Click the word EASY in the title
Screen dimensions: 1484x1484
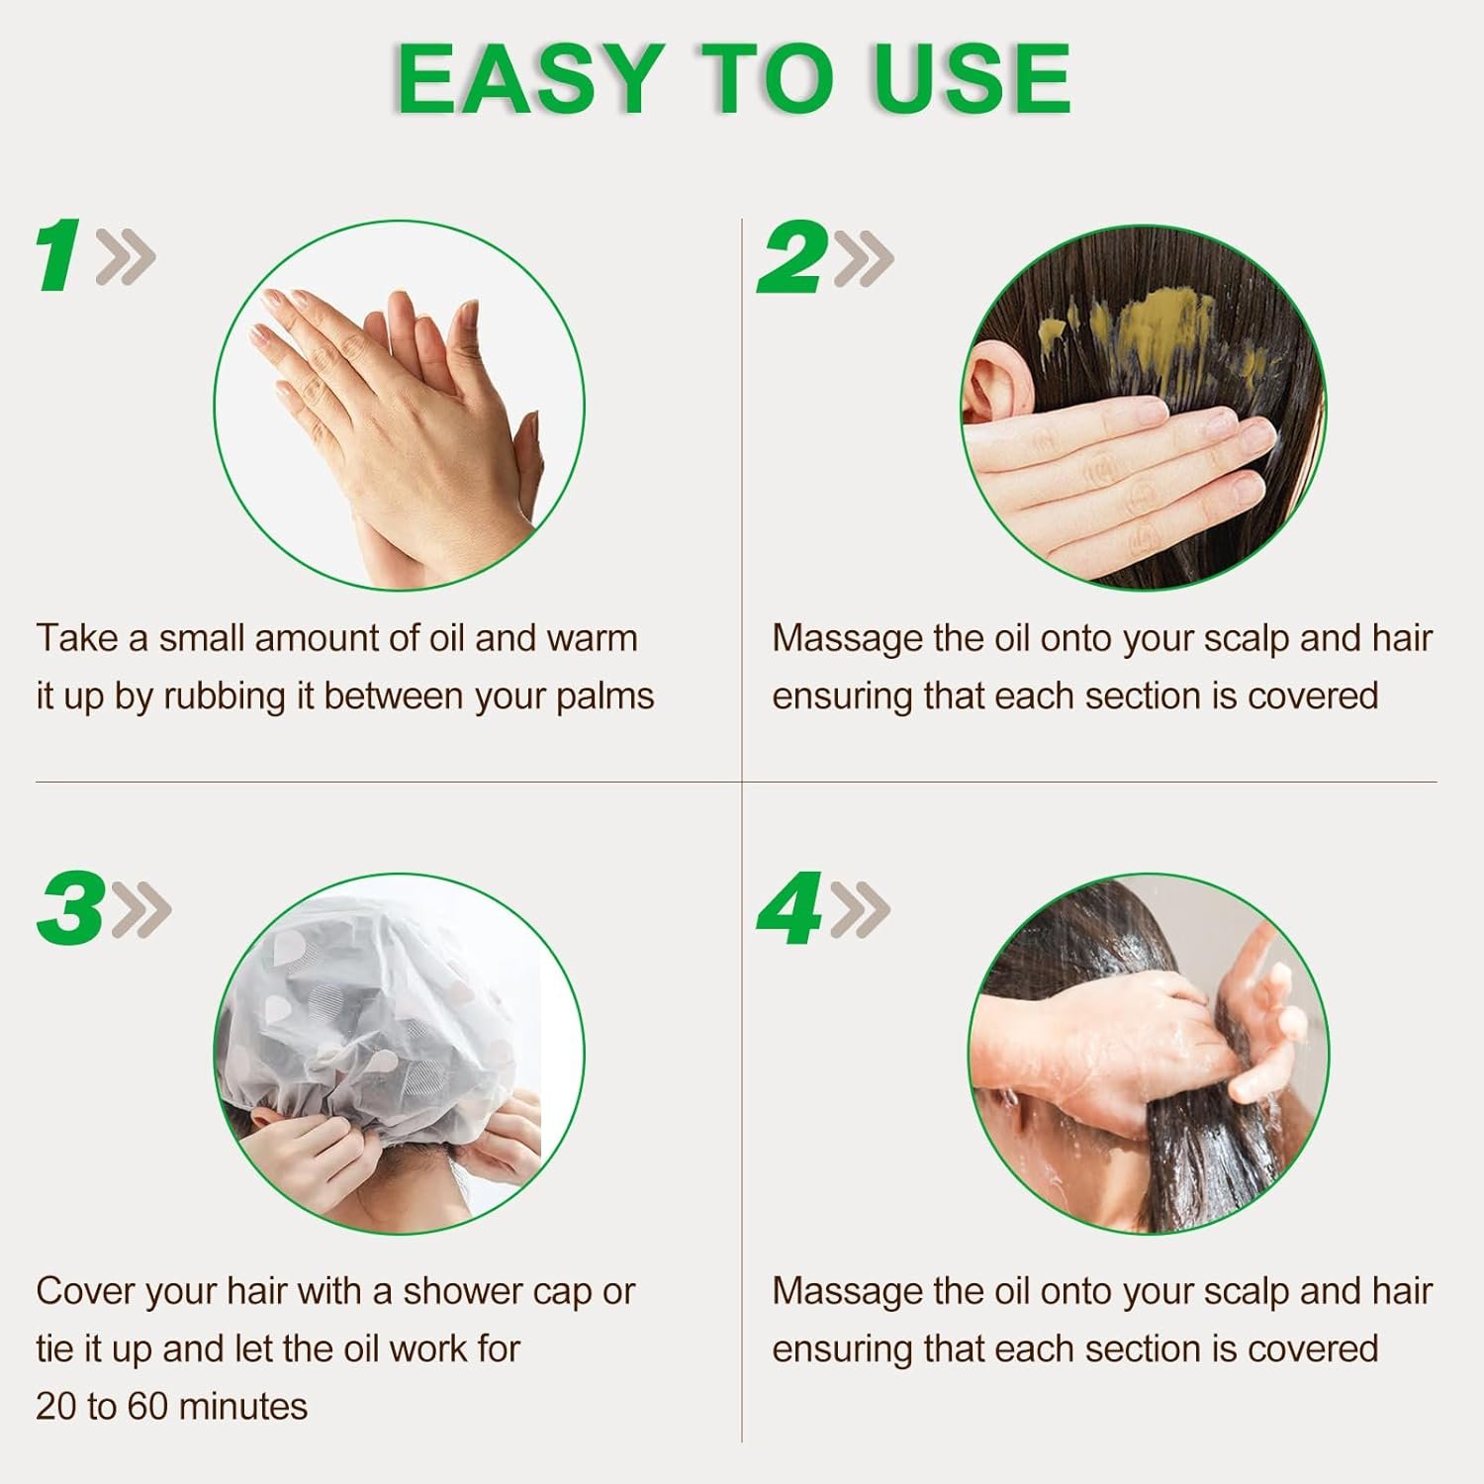[x=530, y=79]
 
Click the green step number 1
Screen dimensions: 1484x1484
[x=58, y=256]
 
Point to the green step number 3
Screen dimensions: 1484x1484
[x=71, y=908]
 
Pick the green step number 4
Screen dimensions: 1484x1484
[x=790, y=908]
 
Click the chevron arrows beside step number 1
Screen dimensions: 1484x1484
[x=125, y=258]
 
